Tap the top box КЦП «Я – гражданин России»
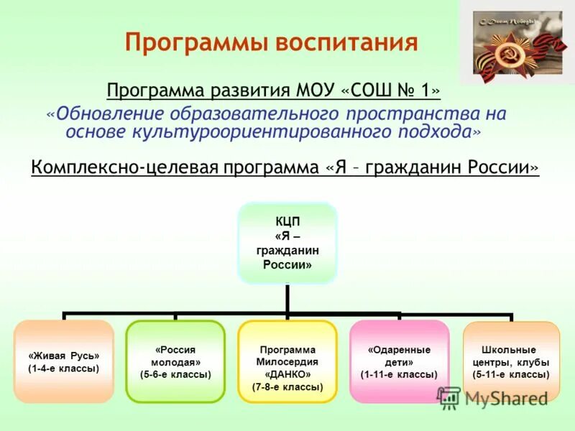287,243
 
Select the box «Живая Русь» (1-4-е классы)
64,361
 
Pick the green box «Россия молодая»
176,361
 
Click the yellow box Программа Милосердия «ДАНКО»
287,361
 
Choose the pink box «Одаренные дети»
399,361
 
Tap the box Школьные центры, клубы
511,361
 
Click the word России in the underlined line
499,167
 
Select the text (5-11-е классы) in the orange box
511,374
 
